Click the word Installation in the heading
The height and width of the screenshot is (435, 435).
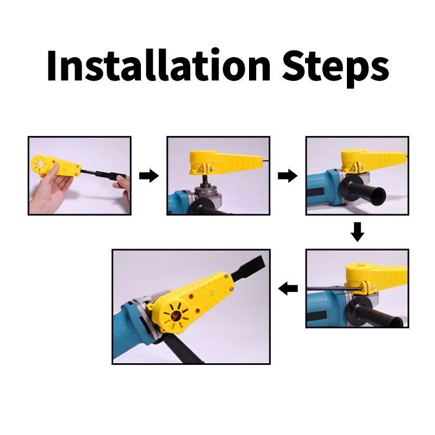click(x=158, y=65)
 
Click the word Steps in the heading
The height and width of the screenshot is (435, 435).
click(x=335, y=69)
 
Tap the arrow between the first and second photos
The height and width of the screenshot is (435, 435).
click(x=149, y=176)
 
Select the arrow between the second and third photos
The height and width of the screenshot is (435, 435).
click(x=288, y=176)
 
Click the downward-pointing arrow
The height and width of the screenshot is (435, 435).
click(x=357, y=232)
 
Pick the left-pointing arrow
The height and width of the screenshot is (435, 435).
click(x=288, y=289)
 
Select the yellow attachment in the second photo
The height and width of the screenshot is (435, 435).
click(x=225, y=163)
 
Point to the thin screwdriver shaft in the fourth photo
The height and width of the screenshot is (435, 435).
click(x=335, y=289)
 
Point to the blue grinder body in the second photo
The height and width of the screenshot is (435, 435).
click(x=181, y=202)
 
